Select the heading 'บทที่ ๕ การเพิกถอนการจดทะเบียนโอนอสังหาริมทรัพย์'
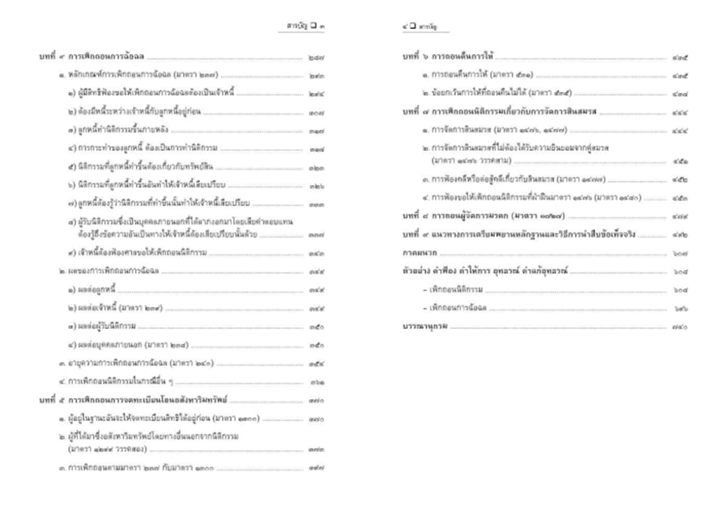(x=134, y=401)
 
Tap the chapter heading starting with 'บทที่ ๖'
(x=448, y=58)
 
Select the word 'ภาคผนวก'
(x=417, y=253)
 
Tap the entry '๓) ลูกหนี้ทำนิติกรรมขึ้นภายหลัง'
(x=118, y=130)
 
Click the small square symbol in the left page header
(x=313, y=26)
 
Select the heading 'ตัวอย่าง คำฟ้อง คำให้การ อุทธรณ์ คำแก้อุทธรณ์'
(x=485, y=271)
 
